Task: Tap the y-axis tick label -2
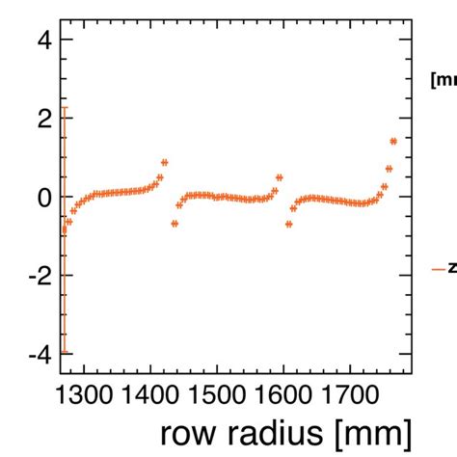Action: (x=33, y=276)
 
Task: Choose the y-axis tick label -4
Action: (x=33, y=355)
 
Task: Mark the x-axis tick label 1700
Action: (x=348, y=395)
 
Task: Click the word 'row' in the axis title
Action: (x=187, y=430)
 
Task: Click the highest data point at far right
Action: (x=393, y=141)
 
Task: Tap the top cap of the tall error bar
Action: (x=64, y=108)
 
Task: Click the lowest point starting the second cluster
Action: (x=175, y=223)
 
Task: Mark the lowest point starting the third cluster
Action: (x=289, y=223)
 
